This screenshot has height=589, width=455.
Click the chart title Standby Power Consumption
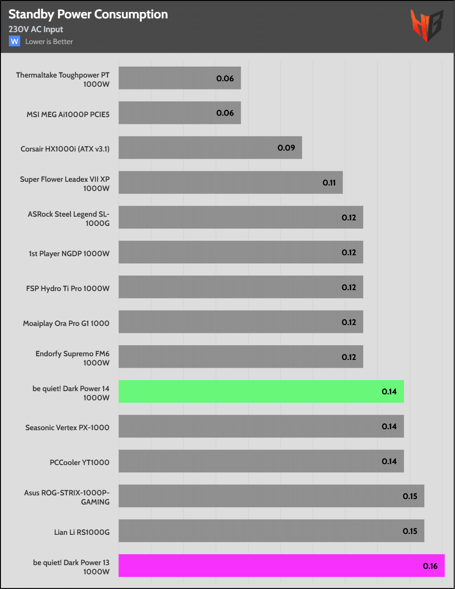(x=88, y=15)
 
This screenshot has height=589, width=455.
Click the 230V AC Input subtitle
(x=36, y=29)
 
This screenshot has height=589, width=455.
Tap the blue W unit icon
(x=15, y=41)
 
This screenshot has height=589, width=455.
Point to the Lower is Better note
(x=49, y=42)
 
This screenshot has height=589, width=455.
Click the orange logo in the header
(x=427, y=25)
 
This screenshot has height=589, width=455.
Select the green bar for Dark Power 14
(x=261, y=392)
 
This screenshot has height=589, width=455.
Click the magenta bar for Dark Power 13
(x=281, y=566)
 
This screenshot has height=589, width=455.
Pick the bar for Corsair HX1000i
(x=210, y=148)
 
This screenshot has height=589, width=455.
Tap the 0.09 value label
(x=286, y=148)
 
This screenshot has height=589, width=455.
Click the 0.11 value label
(x=329, y=183)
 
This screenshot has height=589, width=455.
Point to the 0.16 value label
(x=430, y=566)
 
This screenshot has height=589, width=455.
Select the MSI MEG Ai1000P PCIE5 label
(x=68, y=114)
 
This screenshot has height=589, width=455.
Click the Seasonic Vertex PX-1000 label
(x=67, y=427)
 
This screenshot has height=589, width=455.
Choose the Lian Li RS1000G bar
(x=271, y=531)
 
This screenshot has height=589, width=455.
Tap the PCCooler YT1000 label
(x=79, y=462)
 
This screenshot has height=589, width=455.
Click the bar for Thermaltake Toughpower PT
(x=180, y=78)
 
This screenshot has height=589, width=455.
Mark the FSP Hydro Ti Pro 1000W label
(x=68, y=288)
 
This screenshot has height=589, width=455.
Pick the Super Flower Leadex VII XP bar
(x=230, y=183)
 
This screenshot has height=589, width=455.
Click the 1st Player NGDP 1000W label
(x=69, y=253)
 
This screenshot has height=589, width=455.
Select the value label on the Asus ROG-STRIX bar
(x=410, y=496)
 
